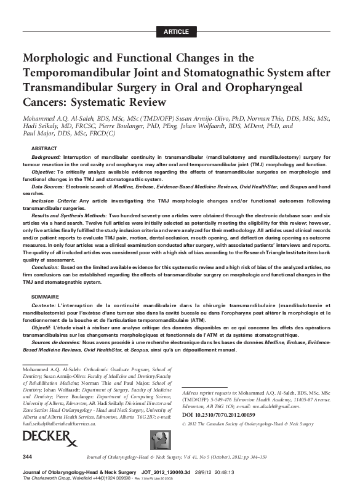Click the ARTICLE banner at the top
tap(180, 31)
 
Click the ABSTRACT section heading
tap(45, 149)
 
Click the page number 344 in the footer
tap(27, 456)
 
